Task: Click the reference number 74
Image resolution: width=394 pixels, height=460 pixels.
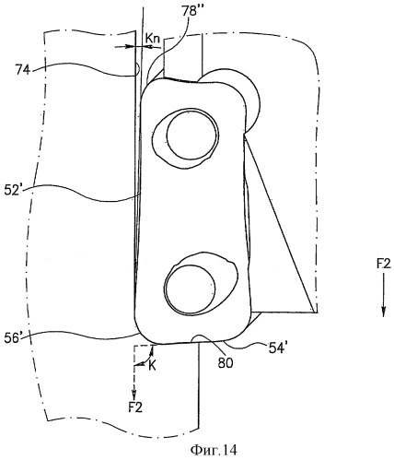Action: (23, 70)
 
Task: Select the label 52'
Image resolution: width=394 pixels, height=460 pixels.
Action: (13, 190)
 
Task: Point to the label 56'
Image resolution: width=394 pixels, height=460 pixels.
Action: (13, 337)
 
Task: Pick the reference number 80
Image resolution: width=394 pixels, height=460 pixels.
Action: (226, 363)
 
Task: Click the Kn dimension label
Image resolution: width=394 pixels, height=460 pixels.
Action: (152, 39)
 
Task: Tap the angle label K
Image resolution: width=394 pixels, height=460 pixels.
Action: (152, 366)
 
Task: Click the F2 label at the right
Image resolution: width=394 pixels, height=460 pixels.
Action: (383, 264)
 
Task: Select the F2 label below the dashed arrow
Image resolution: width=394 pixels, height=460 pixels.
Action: (135, 407)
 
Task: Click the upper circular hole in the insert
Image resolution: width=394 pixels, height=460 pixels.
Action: (192, 135)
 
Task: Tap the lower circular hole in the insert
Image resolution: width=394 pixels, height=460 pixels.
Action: (191, 289)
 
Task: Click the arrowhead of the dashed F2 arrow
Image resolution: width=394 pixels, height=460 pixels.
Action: (134, 393)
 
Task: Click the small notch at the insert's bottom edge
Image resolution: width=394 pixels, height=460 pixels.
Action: (200, 338)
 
